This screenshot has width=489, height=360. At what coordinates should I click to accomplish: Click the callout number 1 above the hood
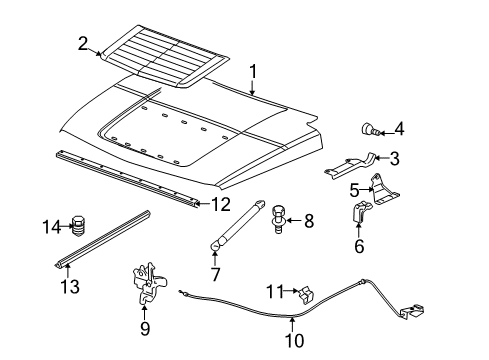[x=253, y=71]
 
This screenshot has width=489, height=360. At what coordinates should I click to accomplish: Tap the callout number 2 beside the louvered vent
[x=83, y=42]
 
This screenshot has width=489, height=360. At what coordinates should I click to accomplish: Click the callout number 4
[x=398, y=128]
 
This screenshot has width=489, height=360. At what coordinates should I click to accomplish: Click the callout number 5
[x=354, y=188]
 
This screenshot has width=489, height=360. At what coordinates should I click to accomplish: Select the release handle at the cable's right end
[x=409, y=313]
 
